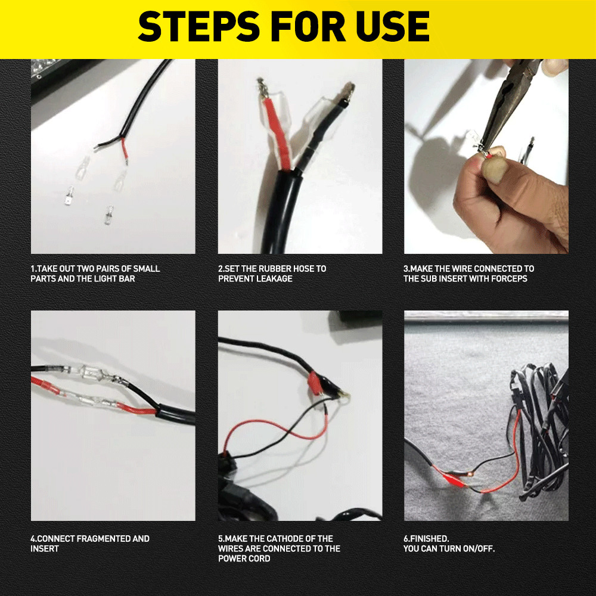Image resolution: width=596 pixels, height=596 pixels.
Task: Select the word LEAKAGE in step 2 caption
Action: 274,278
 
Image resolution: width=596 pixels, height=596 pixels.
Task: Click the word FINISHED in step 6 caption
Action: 428,539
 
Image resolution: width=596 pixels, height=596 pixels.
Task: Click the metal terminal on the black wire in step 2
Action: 348,91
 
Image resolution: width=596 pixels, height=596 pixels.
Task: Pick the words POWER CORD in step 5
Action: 244,558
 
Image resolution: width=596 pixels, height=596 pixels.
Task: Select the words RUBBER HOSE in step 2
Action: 270,269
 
